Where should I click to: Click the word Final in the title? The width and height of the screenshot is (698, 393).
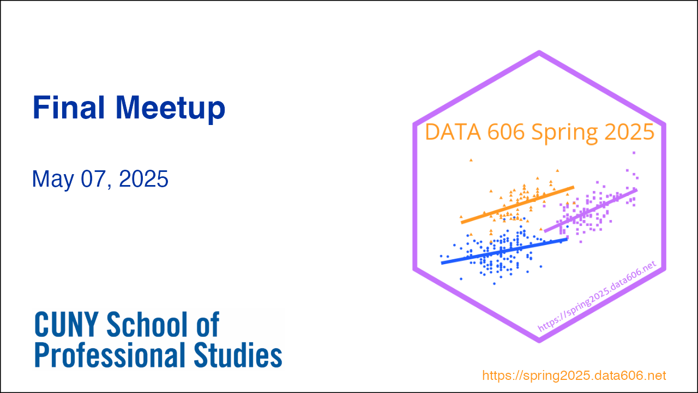(x=69, y=108)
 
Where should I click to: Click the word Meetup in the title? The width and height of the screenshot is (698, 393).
(x=171, y=110)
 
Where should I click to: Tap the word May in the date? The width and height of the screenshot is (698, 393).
(x=53, y=180)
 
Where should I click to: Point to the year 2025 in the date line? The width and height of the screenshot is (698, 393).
(x=143, y=178)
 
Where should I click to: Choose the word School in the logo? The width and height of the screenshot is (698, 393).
(x=147, y=324)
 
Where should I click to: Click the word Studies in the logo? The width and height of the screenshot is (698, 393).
(x=238, y=355)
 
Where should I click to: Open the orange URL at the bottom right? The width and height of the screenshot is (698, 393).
(x=574, y=376)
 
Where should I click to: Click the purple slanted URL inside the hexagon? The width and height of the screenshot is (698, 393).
(x=597, y=296)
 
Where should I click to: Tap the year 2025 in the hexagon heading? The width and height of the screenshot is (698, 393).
(x=629, y=132)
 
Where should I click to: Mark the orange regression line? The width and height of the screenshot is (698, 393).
(x=518, y=205)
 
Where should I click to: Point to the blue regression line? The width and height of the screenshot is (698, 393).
(x=504, y=252)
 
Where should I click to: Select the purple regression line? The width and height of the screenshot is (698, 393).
(x=591, y=211)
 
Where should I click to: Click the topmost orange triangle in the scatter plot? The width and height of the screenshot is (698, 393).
(x=471, y=160)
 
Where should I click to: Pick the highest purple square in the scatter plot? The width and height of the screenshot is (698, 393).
(x=634, y=153)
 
